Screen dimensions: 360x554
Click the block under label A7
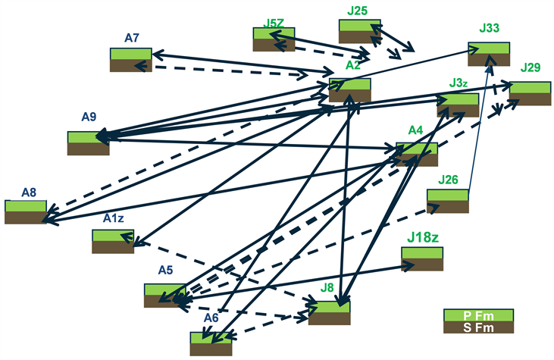(131, 60)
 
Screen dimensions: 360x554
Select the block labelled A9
(88, 142)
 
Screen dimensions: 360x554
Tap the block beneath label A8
(25, 211)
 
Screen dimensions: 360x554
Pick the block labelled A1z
(113, 241)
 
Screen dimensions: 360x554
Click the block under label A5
(164, 296)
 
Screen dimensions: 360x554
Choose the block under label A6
(211, 343)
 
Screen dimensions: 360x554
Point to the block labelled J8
(329, 312)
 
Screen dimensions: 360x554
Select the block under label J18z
(421, 259)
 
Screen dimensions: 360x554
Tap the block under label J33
(489, 55)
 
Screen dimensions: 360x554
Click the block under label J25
(360, 31)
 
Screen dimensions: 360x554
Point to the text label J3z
(458, 82)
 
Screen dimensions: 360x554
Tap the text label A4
(415, 130)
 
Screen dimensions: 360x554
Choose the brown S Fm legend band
(478, 327)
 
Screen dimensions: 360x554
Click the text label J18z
(423, 237)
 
